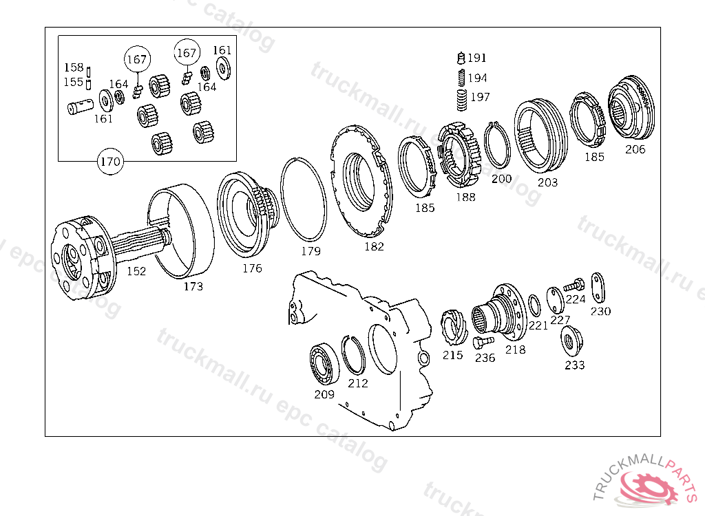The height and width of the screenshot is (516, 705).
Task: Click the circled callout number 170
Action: pyautogui.click(x=110, y=162)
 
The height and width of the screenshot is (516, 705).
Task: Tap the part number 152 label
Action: pyautogui.click(x=136, y=271)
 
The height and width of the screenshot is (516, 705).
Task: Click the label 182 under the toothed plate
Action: pyautogui.click(x=374, y=247)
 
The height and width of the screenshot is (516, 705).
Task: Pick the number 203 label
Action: pyautogui.click(x=548, y=182)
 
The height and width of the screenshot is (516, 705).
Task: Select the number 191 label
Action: pyautogui.click(x=476, y=58)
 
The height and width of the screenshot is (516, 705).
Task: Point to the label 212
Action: pyautogui.click(x=358, y=383)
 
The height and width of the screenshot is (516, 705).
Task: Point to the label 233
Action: pyautogui.click(x=574, y=365)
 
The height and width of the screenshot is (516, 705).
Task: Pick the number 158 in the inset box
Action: pyautogui.click(x=74, y=67)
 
